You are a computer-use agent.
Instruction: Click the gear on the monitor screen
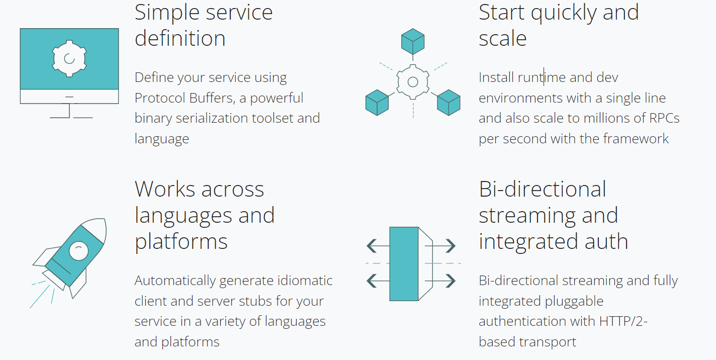[69, 58]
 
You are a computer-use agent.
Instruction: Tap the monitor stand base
[71, 118]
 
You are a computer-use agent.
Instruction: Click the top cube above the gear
[413, 41]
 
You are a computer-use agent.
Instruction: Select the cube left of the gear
[377, 102]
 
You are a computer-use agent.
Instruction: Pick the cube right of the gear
[449, 102]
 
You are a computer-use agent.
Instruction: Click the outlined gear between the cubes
[413, 81]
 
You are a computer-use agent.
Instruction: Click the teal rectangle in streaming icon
[404, 263]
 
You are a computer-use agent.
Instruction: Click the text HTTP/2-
[623, 321]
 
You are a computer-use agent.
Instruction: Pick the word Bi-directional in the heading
[543, 190]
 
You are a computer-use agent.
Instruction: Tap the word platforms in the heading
[181, 242]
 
